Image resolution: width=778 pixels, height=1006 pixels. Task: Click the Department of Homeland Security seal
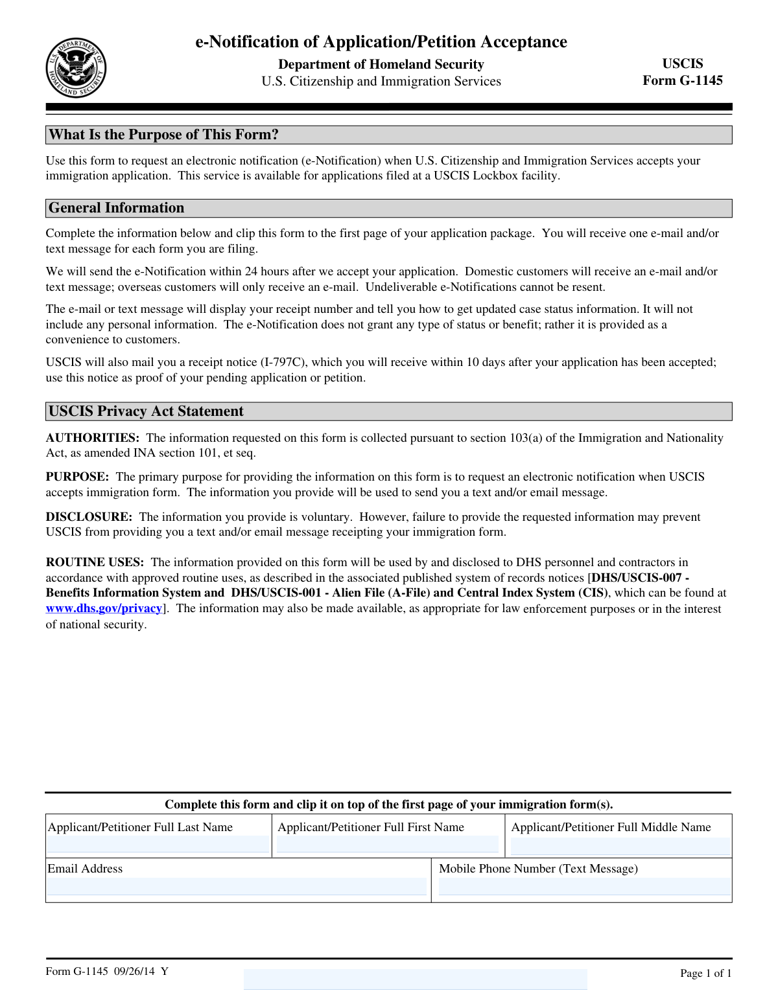tap(76, 68)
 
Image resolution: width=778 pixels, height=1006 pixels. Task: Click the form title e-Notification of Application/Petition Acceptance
tap(381, 42)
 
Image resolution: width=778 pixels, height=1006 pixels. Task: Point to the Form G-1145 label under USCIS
tap(682, 80)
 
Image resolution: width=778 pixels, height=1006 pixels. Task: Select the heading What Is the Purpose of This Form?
tap(164, 135)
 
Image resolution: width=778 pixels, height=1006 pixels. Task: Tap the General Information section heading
tap(117, 208)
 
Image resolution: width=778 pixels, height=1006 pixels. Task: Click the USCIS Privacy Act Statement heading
tap(146, 411)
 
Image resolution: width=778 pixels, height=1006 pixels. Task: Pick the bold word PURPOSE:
tap(77, 477)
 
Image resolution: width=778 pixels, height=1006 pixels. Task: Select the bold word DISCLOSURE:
tap(89, 517)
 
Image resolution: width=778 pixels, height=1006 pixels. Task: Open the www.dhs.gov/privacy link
tap(104, 608)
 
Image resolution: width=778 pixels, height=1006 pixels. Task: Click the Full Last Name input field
tap(158, 844)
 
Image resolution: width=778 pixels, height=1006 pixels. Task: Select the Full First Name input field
tap(388, 844)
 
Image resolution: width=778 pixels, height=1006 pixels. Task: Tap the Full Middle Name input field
tap(620, 846)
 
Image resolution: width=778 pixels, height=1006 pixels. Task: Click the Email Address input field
tap(237, 886)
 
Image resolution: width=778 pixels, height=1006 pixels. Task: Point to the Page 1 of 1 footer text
tap(705, 973)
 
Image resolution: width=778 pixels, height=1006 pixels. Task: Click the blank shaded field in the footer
tap(415, 979)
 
